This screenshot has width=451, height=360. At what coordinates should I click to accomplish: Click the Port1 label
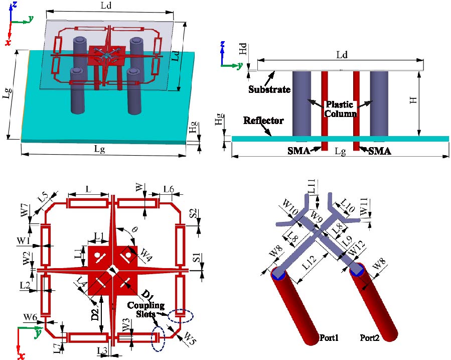click(329, 338)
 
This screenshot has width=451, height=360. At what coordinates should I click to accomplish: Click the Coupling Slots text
click(141, 310)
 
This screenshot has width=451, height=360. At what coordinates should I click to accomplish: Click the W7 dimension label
click(24, 211)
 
